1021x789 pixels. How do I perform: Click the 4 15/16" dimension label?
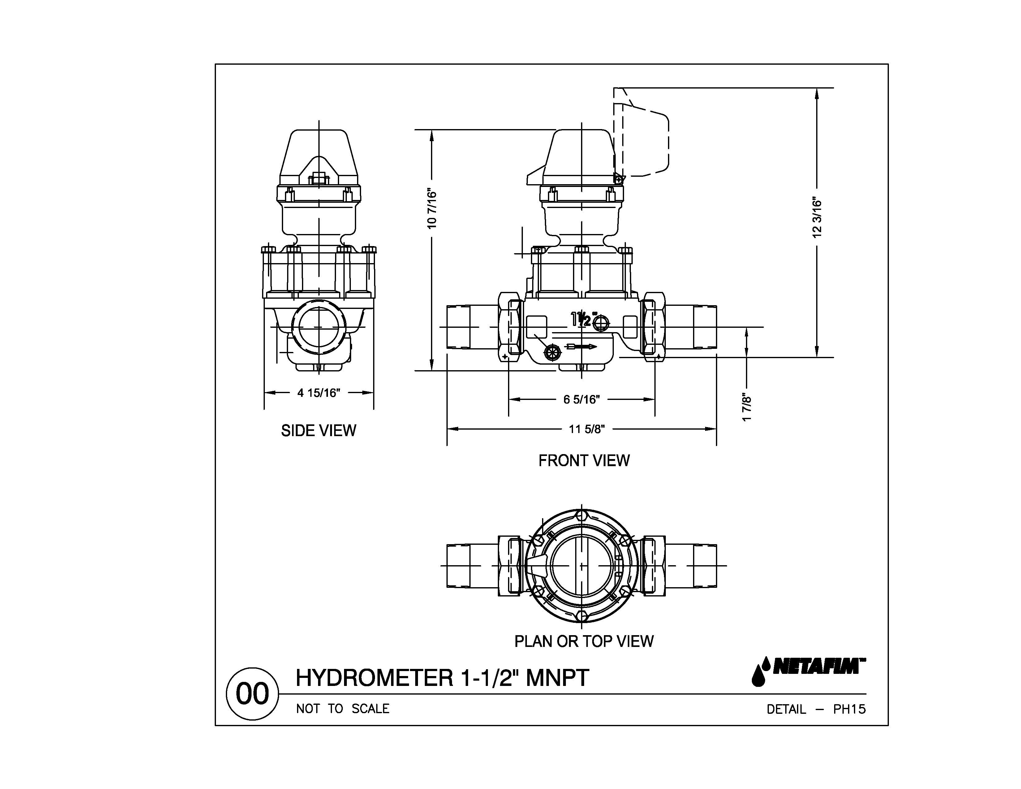tap(318, 393)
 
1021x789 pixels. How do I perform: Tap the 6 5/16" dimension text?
tap(581, 399)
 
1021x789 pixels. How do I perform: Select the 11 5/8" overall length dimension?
tap(587, 429)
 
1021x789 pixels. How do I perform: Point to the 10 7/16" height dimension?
tap(432, 209)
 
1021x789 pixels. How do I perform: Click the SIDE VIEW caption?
tap(318, 431)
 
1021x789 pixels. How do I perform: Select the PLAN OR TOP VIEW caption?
tap(584, 641)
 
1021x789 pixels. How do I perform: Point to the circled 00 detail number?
tap(252, 694)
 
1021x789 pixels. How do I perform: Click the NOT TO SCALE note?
tap(343, 709)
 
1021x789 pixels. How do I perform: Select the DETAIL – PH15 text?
tap(816, 709)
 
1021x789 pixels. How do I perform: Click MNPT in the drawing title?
tap(557, 678)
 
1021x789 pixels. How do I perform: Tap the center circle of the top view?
tap(581, 566)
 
